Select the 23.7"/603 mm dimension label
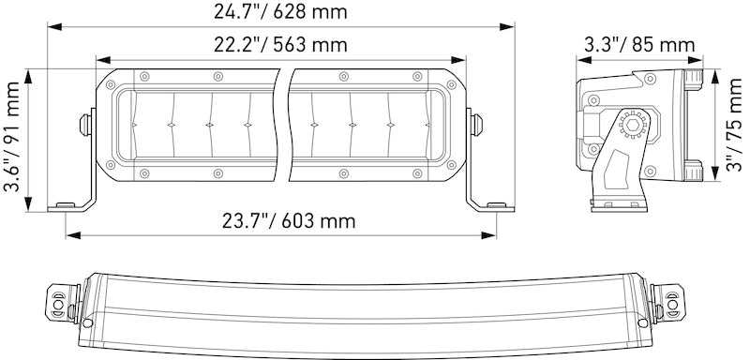point(289,221)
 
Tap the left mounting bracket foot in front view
point(70,204)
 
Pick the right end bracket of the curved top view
point(672,298)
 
